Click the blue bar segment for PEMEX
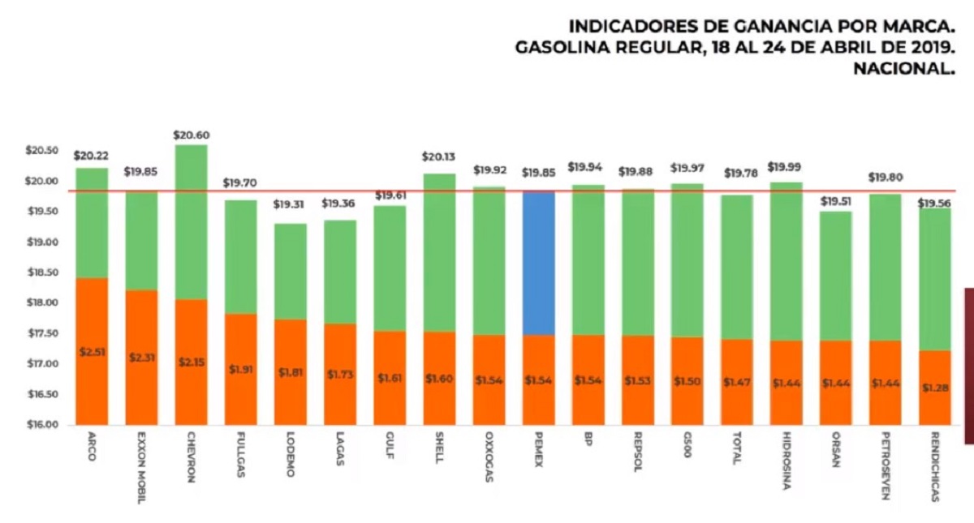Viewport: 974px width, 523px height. pos(539,263)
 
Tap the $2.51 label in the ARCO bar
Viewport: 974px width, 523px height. pos(92,352)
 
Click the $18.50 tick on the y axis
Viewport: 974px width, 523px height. pos(41,272)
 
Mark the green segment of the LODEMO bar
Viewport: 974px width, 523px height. pos(290,271)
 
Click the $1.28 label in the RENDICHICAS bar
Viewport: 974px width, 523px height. pos(934,388)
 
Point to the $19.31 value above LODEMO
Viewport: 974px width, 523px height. pos(290,204)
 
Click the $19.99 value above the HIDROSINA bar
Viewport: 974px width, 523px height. pos(785,167)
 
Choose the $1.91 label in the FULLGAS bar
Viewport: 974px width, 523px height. pos(240,369)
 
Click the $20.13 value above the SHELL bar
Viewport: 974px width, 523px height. pos(439,157)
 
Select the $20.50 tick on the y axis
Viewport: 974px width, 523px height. pos(41,151)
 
